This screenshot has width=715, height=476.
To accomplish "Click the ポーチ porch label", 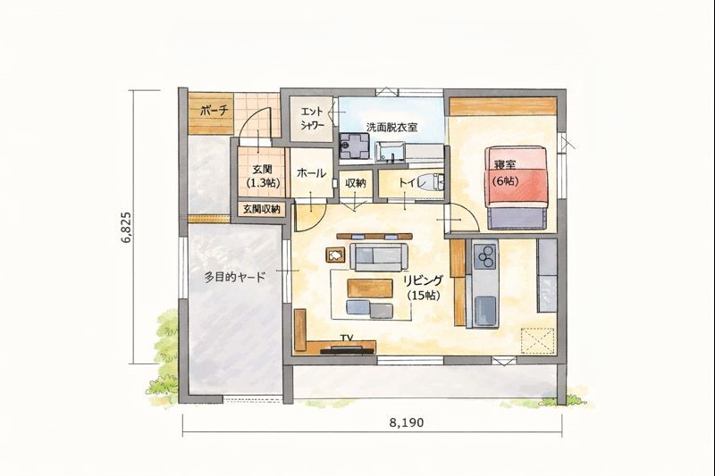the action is point(214,110).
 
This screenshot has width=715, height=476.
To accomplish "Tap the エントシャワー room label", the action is point(312,118).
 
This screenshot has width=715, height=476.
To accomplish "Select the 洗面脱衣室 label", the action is point(392,127).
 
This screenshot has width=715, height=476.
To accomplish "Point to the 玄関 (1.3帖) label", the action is point(263,176).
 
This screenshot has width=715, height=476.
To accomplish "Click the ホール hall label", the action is point(311,173).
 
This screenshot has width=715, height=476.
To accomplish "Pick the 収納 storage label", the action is point(356,183).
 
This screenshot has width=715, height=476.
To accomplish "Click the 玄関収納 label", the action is point(261,209).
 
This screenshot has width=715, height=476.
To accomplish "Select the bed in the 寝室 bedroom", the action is point(517,188).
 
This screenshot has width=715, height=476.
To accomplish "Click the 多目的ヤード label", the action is point(234,277).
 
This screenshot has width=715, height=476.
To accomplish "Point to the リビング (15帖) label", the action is point(424,287).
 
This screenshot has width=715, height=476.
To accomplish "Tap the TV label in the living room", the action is point(348,338).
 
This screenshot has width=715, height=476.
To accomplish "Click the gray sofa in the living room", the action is point(378,257).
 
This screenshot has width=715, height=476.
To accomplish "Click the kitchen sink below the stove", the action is point(484,310).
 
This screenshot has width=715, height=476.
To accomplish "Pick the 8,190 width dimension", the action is point(407,422).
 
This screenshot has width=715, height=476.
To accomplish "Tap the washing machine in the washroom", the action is point(353,146).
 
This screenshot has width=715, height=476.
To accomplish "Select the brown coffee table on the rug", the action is point(370,288).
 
